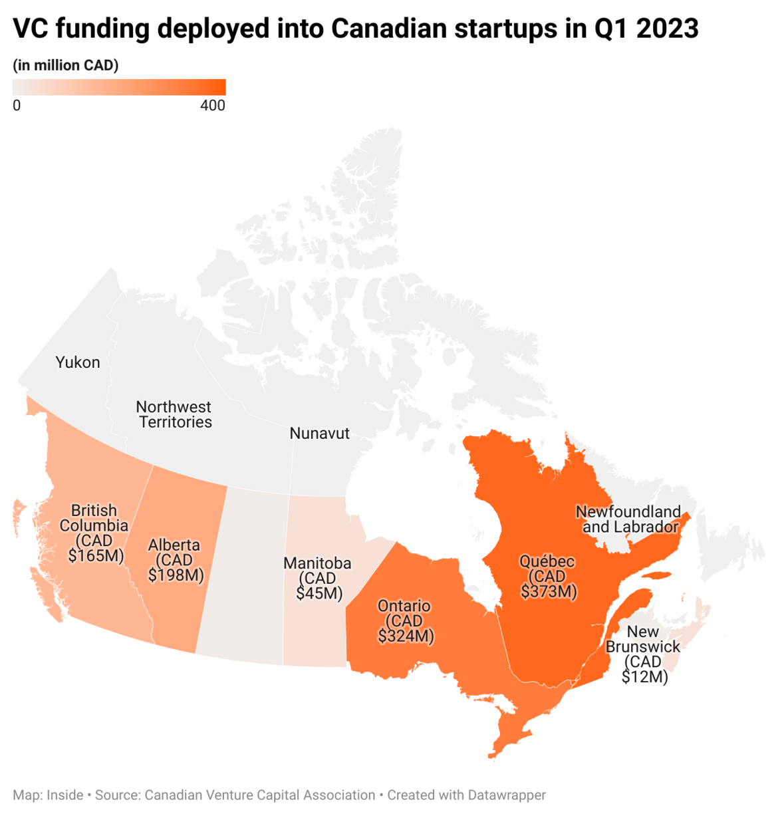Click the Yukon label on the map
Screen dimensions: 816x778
pos(78,362)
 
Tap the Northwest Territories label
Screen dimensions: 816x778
pos(174,414)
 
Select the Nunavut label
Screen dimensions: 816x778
pos(319,434)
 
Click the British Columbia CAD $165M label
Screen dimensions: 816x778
pos(94,533)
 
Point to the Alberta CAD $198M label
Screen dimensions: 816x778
pos(175,560)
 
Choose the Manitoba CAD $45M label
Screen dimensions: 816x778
pos(318,578)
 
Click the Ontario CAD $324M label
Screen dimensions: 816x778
pos(405,621)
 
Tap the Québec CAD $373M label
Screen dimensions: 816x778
pos(548,577)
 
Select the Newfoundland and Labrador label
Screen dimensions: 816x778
pos(629,519)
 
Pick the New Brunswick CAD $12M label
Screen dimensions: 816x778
pos(643,654)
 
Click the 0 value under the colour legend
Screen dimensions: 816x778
pos(17,106)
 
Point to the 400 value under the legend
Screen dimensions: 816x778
pos(213,106)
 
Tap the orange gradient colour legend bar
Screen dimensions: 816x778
pos(119,87)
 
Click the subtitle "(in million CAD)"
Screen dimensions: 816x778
pos(66,65)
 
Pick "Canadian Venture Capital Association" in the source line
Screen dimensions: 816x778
pos(260,795)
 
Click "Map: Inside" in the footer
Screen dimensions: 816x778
pos(48,795)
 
